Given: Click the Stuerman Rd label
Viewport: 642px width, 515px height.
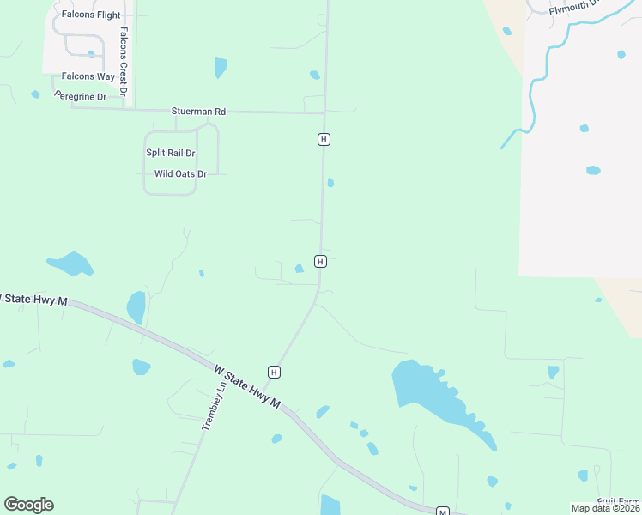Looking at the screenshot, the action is pos(198,112).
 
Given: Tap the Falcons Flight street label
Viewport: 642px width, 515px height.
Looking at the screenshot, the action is pos(91,15).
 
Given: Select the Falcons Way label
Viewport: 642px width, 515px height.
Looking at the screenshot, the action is pos(88,76).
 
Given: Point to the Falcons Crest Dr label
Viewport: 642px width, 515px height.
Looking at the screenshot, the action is pos(124,61).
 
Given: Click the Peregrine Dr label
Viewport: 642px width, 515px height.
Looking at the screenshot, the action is pos(80,97).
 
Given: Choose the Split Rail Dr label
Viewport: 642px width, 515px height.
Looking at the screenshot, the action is pos(170,153).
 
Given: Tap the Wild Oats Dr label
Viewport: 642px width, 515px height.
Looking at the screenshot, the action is pos(180,173).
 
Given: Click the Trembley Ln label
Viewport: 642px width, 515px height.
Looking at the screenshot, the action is pos(212,405).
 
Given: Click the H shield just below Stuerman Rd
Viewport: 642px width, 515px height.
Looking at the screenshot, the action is pos(324,139).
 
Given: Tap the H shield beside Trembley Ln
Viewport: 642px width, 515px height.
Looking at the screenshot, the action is pos(274,372).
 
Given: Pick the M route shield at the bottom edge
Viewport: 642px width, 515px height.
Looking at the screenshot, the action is pos(443,512).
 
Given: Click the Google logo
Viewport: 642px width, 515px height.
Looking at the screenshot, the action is pos(28,505).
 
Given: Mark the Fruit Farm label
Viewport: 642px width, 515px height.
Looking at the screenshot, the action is pos(619,501).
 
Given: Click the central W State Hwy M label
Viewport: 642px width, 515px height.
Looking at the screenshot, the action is pos(247,386).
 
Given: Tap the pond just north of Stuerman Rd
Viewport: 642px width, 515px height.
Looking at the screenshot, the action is pos(221,66).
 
